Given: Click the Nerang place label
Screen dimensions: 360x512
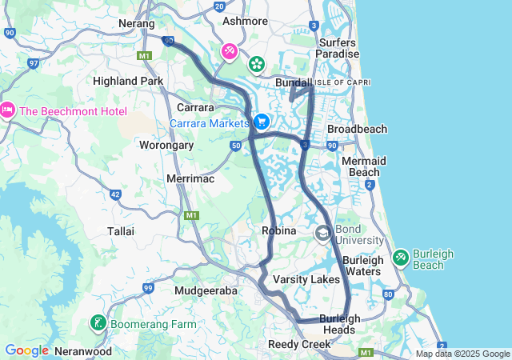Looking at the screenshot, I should coord(137,24).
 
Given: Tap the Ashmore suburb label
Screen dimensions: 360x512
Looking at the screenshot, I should coord(245,21).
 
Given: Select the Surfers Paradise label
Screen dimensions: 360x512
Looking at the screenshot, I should coord(338,47).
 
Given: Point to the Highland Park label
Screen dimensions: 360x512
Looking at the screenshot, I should coord(128,81).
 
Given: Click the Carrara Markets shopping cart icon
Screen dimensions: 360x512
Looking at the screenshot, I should coord(261,122).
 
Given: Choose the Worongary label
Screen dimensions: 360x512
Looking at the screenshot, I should coord(166,146).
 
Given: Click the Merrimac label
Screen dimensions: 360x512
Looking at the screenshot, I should coord(190,179).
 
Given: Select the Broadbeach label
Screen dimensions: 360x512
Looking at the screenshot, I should coord(357,129).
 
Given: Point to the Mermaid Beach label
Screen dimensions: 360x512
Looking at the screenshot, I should coord(360,166).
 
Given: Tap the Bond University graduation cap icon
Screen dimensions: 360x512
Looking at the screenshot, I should coord(323,234).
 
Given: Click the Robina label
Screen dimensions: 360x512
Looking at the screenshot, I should coord(278,230).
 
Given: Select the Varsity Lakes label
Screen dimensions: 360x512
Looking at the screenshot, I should coord(306,279).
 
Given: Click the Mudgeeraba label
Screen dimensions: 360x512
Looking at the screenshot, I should coord(206,291).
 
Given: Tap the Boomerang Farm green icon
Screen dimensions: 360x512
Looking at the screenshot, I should coord(98,324).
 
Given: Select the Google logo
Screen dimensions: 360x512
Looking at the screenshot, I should coord(27,350).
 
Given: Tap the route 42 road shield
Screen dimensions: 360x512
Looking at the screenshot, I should coord(115,194).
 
